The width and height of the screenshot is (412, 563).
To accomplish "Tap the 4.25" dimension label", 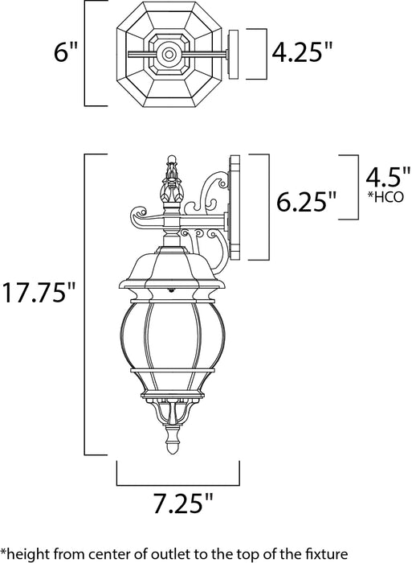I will [302, 54].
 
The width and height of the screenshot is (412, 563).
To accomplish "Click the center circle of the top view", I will [169, 55].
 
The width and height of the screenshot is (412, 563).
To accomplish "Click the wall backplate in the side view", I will [235, 207].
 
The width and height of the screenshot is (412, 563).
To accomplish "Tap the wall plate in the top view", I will [235, 55].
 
